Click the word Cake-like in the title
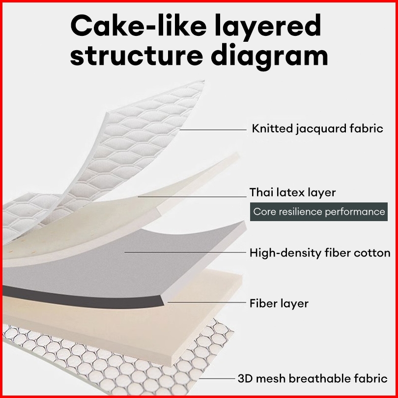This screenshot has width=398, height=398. click(139, 26)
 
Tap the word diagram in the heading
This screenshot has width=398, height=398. click(269, 57)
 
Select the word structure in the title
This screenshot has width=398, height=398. click(137, 56)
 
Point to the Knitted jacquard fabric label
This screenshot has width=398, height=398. click(317, 129)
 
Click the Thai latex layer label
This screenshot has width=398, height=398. click(293, 193)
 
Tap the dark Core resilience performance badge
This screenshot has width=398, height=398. click(319, 212)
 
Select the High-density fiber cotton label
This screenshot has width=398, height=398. click(320, 253)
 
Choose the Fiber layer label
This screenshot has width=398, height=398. click(279, 303)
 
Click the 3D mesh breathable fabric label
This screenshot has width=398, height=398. click(313, 379)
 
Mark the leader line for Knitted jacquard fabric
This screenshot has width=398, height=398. click(213, 130)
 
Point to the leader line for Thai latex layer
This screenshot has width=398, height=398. click(192, 197)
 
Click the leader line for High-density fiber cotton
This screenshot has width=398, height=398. click(185, 252)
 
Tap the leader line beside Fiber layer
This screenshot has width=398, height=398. click(207, 302)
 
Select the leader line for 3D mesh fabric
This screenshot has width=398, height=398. click(217, 378)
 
